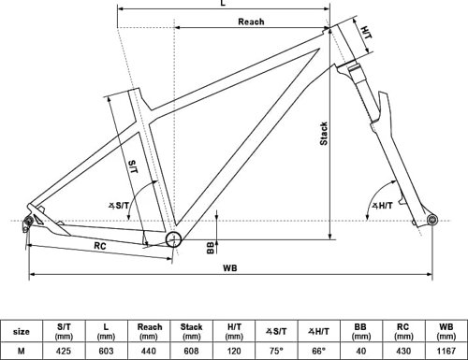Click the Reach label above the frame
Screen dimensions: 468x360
(251, 22)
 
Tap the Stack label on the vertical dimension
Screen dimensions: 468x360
(324, 134)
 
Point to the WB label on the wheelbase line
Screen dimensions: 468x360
(230, 267)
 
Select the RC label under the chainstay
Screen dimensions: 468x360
(100, 246)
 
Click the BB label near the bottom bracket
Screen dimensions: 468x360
(211, 248)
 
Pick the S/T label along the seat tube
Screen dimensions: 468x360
(133, 166)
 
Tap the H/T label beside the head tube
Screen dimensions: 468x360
(366, 33)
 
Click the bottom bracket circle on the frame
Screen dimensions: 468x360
(173, 239)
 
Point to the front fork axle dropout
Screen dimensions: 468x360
(432, 220)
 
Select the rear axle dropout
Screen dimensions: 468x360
(28, 222)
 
